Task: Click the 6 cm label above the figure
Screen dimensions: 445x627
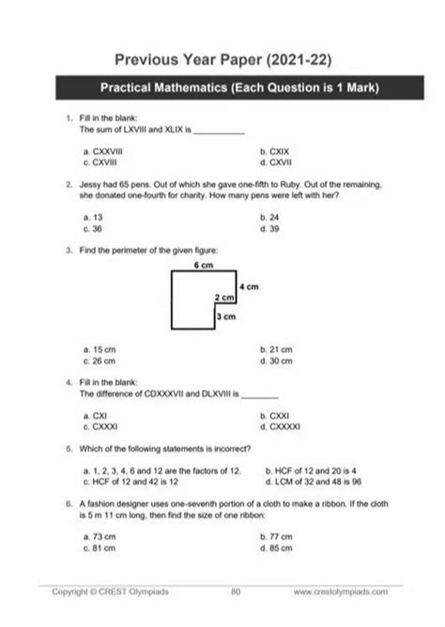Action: [x=204, y=266]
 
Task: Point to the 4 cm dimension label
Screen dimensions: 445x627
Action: [x=248, y=284]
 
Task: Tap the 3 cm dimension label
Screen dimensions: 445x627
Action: [x=225, y=317]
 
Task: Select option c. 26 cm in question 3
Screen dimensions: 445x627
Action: [x=99, y=359]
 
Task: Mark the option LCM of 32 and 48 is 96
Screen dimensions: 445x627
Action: [x=319, y=481]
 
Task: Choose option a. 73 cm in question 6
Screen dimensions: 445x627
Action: [x=99, y=536]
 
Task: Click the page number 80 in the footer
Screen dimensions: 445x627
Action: [x=236, y=592]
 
